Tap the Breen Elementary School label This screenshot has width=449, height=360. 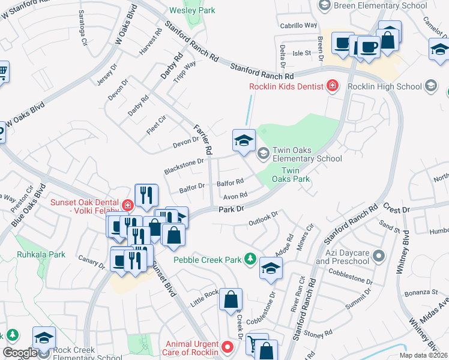pyautogui.click(x=380, y=5)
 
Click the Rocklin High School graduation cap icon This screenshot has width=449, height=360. pyautogui.click(x=430, y=86)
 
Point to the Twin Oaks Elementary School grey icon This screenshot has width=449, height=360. pyautogui.click(x=263, y=154)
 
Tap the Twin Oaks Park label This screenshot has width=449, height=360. pyautogui.click(x=291, y=174)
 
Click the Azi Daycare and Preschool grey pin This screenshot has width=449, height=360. pyautogui.click(x=378, y=257)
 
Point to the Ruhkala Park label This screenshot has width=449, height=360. pyautogui.click(x=41, y=254)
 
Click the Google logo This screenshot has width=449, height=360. pyautogui.click(x=20, y=353)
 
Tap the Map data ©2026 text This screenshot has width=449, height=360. pyautogui.click(x=423, y=355)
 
